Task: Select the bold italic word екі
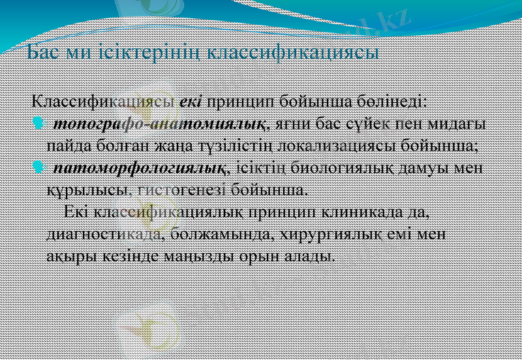pos(191,102)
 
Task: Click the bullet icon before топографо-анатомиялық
pos(38,123)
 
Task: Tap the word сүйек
pos(362,123)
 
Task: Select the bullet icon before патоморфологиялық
pos(38,169)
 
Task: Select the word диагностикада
pos(104,234)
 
